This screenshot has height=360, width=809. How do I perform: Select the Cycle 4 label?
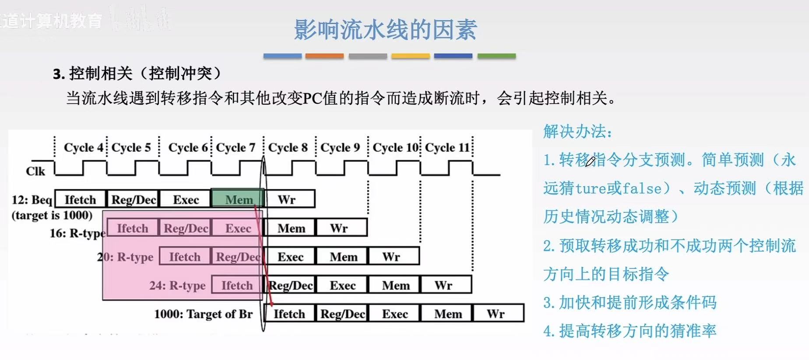coord(83,148)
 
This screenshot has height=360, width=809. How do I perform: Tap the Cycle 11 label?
coord(447,148)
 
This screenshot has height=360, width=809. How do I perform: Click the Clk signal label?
coord(35,171)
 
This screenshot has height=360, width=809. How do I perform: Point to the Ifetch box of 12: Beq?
coord(80,199)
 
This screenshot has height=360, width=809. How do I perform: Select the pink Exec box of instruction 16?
coord(238,228)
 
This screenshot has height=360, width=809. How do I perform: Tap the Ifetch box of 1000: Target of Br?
coord(289,314)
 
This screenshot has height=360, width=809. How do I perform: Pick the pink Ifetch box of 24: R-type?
coord(237,285)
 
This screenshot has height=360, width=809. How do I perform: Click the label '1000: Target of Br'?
coord(203,314)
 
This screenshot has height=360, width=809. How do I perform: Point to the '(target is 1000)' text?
coord(52,215)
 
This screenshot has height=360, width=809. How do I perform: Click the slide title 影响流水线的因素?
coord(385,30)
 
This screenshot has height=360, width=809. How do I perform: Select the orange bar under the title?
coord(324,56)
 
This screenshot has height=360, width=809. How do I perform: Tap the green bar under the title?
coord(496,56)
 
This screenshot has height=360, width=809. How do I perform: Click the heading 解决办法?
coord(577,131)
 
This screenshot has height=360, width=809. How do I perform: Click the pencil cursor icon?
coord(590,161)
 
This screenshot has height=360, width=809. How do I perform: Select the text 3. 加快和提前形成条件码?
coord(630,303)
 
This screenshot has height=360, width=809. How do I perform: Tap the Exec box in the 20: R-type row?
coord(290,257)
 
